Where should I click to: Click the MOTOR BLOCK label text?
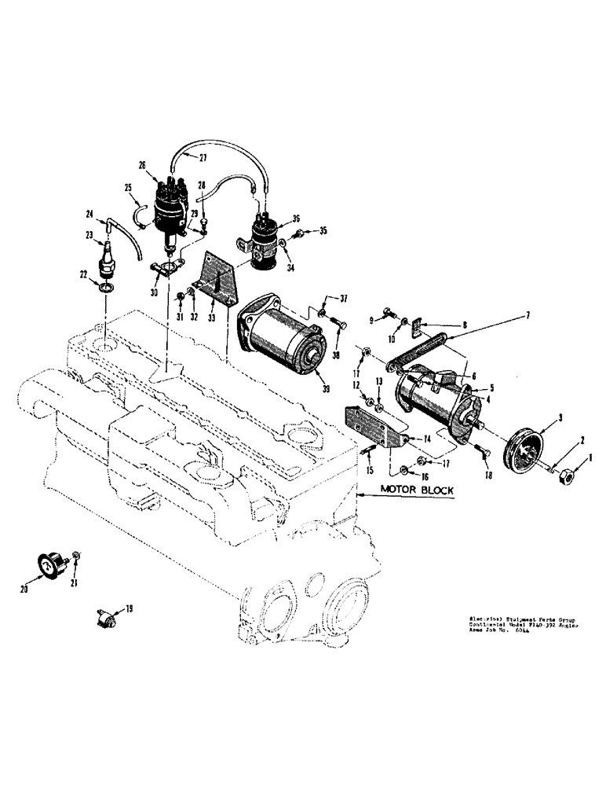(418, 489)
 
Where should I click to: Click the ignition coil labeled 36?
(268, 236)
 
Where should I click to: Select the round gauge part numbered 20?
(49, 564)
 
